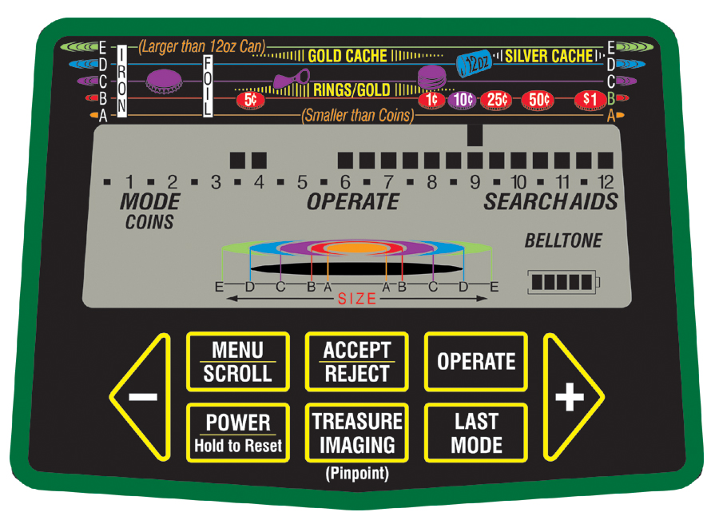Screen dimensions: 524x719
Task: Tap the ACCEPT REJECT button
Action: [356, 362]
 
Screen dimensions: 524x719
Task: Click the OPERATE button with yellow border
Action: [476, 362]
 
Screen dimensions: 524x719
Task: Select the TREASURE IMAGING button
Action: [356, 432]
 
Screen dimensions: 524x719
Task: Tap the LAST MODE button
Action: [476, 432]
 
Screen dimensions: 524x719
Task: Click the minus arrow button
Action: [142, 397]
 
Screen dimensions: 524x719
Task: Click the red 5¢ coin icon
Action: [250, 100]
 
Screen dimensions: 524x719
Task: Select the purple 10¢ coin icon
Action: [461, 100]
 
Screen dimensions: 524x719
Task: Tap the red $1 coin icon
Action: [590, 100]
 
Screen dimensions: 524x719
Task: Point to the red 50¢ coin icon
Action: [538, 100]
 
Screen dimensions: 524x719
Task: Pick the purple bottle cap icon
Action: [164, 79]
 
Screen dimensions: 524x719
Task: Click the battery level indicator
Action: [562, 282]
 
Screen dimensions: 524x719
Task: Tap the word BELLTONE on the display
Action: [563, 240]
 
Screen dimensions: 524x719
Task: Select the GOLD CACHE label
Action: [347, 56]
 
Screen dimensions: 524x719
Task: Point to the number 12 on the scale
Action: [606, 183]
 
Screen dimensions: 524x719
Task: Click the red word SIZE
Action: [356, 299]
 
